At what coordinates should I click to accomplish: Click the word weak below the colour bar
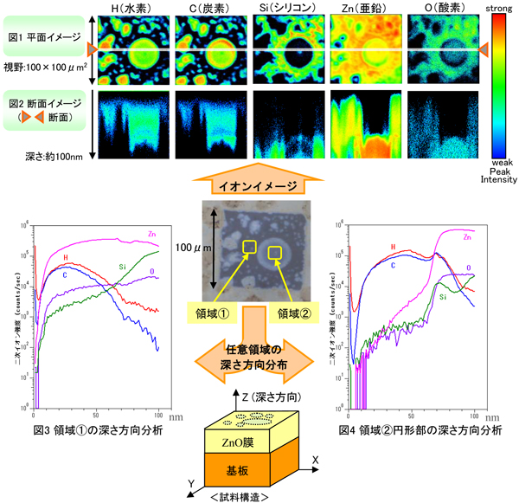pos(499,162)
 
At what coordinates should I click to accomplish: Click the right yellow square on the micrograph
pos(276,253)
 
